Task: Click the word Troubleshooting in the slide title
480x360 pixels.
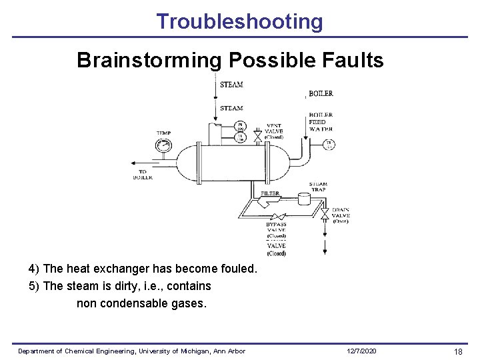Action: [239, 21]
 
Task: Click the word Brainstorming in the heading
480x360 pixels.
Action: [149, 60]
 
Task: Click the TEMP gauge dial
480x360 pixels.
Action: [163, 145]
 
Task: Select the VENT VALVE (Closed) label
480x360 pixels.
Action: [274, 131]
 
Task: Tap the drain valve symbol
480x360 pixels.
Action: [325, 215]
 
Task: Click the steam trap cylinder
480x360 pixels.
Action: [305, 199]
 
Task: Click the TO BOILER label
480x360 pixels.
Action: [143, 175]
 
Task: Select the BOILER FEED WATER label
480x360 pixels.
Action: [321, 122]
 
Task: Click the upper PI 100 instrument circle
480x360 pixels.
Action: [241, 126]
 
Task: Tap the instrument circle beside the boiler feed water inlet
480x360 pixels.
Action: [329, 145]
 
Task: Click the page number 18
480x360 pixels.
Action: [458, 351]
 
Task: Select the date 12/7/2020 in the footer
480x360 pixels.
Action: [362, 351]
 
